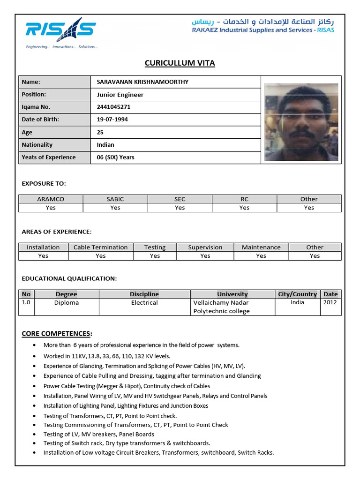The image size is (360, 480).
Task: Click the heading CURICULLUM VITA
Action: click(x=180, y=63)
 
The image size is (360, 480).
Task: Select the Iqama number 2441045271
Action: click(x=113, y=107)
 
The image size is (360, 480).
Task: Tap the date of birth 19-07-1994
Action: click(x=112, y=120)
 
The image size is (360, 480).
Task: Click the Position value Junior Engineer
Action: click(x=120, y=95)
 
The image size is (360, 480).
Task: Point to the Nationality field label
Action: click(x=37, y=145)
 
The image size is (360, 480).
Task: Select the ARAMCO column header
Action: click(x=51, y=199)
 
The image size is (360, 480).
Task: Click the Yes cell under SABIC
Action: click(x=115, y=208)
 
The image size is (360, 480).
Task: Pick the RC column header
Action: click(x=244, y=199)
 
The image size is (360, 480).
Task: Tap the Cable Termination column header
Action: click(x=100, y=247)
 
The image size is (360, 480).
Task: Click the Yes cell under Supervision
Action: click(x=205, y=256)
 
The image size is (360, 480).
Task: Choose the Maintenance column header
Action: click(x=261, y=247)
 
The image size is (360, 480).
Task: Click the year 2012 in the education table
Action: click(x=330, y=302)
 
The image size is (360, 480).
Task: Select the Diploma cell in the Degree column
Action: click(x=67, y=303)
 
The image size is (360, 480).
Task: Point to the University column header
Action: click(x=232, y=294)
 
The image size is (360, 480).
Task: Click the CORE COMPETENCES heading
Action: click(x=57, y=334)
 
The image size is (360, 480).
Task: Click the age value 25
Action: click(x=100, y=132)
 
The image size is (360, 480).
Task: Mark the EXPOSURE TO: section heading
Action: click(x=44, y=183)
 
